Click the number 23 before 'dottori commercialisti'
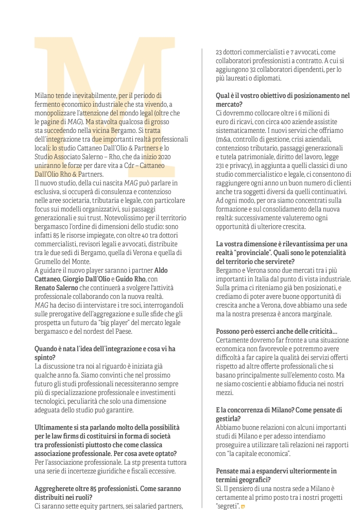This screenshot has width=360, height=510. click(219, 52)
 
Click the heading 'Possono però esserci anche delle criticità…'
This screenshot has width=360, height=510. click(277, 331)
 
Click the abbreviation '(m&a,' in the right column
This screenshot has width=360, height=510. click(225, 139)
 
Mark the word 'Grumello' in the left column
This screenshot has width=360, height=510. click(49, 261)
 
